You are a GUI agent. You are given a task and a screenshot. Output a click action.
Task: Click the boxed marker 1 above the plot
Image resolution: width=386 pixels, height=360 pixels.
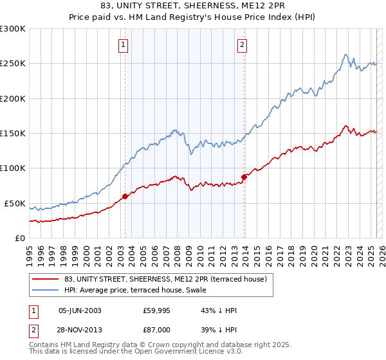(123, 45)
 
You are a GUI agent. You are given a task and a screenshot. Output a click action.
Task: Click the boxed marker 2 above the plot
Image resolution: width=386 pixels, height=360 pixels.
(242, 45)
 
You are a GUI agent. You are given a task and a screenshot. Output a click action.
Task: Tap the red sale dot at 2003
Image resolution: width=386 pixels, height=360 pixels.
(125, 197)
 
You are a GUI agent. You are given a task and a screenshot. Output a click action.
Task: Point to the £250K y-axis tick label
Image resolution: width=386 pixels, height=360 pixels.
(13, 64)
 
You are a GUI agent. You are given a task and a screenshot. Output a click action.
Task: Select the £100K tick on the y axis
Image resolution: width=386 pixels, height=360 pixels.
(13, 168)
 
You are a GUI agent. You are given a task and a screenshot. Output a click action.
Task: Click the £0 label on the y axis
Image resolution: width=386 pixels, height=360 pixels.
(19, 238)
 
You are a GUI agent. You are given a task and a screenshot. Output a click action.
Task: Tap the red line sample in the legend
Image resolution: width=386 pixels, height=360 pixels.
(46, 279)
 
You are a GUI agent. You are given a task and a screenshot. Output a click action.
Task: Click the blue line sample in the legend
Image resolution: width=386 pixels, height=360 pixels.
(46, 290)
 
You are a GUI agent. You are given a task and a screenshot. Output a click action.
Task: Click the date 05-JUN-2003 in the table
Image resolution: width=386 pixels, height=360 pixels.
(80, 310)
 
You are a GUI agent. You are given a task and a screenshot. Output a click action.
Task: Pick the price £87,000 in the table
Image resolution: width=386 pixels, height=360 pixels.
(157, 329)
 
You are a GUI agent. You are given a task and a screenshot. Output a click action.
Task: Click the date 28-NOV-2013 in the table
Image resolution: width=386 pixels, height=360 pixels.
(80, 329)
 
